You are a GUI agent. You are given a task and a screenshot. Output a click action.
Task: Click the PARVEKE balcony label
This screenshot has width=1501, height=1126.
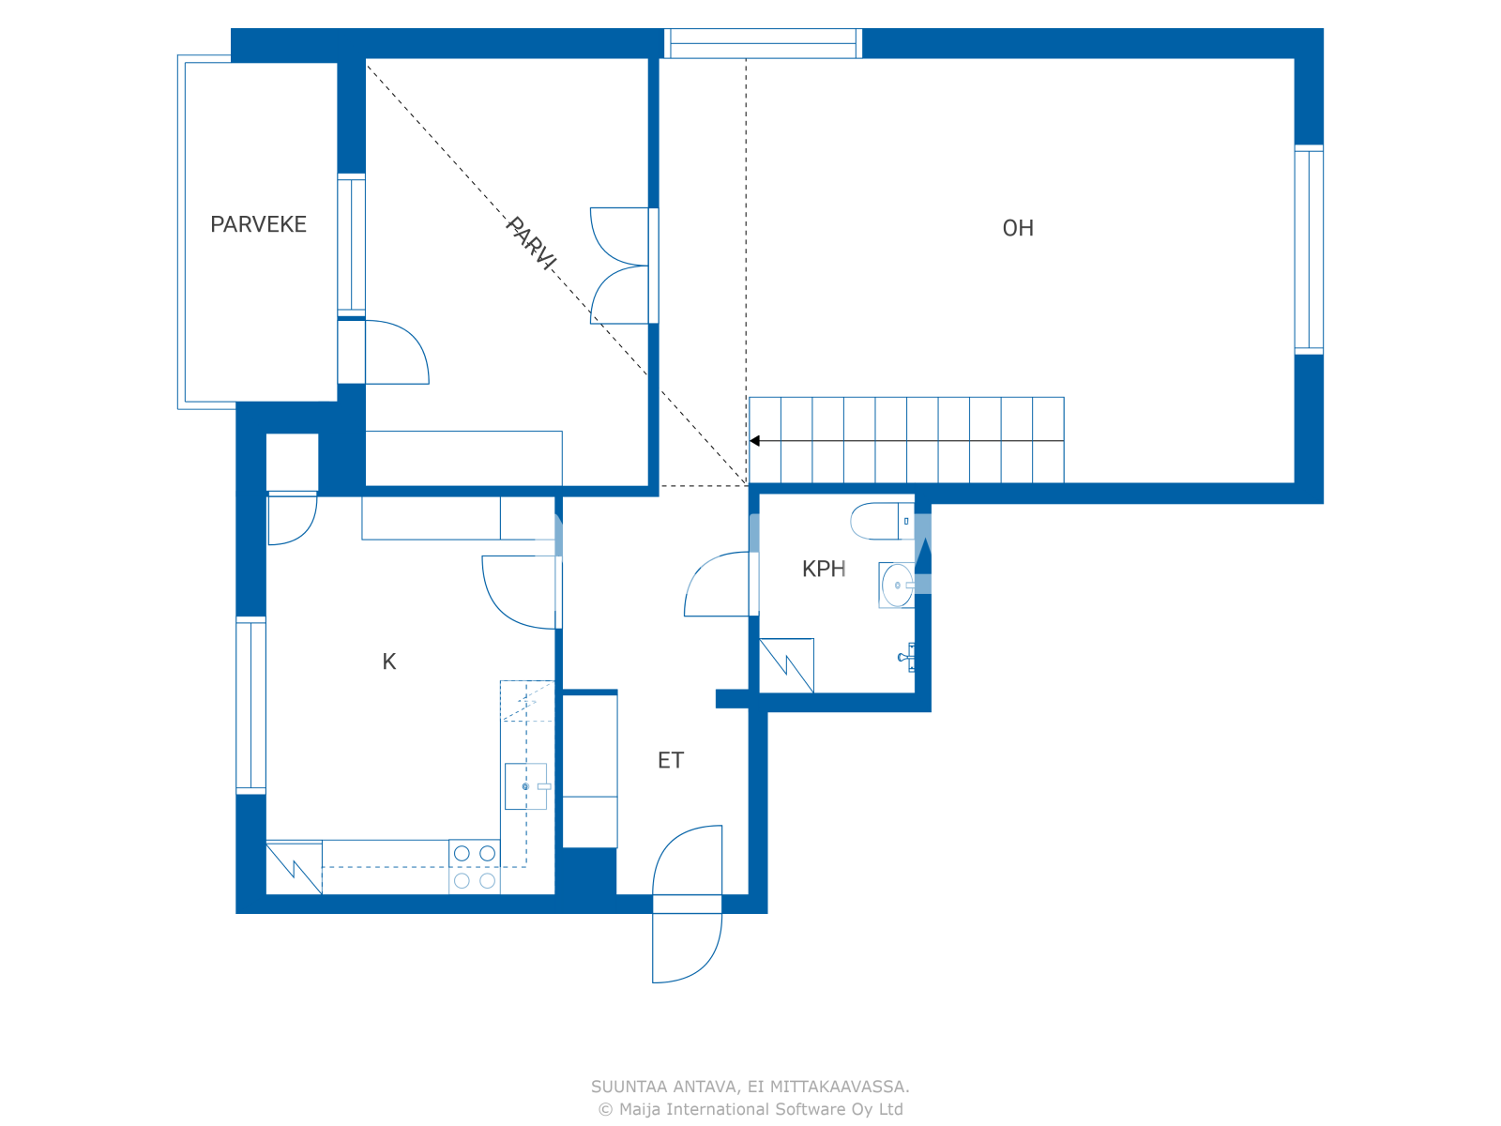(258, 224)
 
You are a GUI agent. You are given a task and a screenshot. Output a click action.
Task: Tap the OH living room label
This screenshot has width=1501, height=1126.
(1018, 228)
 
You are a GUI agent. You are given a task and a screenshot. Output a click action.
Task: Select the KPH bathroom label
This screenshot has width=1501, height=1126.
(824, 569)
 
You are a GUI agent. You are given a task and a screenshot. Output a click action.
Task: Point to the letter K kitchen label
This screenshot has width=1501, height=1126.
(389, 662)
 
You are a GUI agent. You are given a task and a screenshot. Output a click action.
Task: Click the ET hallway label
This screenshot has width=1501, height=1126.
(671, 760)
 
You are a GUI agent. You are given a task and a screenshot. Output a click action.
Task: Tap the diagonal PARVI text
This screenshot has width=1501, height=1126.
(531, 243)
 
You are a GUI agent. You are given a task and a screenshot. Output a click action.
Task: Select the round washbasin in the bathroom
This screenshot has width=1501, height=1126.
(897, 586)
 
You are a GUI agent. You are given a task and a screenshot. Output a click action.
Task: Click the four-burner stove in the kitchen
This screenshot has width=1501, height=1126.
(475, 867)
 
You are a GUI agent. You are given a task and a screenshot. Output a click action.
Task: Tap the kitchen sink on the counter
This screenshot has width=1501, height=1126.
(525, 786)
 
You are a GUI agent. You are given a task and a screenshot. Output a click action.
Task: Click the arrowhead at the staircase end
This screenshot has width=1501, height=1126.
(755, 441)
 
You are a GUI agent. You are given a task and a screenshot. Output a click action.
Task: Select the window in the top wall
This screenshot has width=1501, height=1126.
(763, 43)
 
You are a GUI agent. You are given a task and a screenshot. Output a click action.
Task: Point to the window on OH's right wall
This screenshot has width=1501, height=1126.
(1309, 250)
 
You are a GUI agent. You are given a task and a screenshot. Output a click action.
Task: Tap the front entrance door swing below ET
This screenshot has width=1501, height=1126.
(687, 948)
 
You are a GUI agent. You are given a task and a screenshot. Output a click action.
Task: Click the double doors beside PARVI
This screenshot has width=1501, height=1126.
(620, 266)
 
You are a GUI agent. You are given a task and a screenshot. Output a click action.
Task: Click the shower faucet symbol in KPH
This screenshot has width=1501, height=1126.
(907, 657)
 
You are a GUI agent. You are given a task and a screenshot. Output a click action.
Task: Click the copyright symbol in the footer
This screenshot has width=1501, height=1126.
(605, 1109)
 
